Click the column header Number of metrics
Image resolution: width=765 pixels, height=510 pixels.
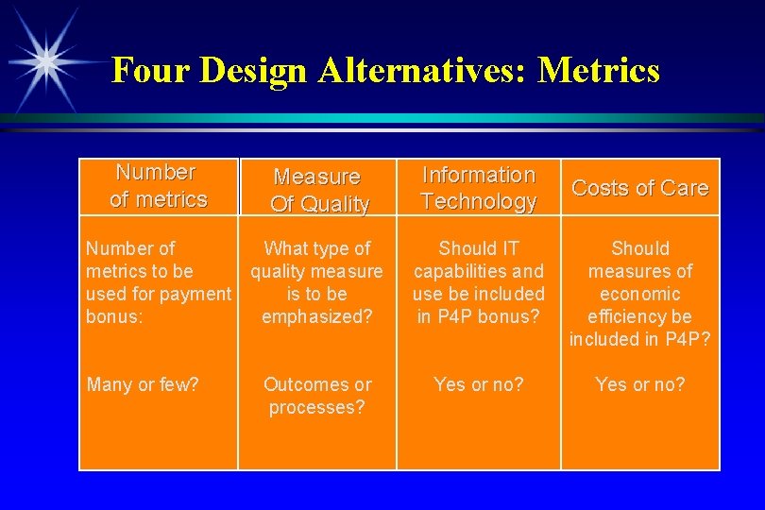[x=158, y=186]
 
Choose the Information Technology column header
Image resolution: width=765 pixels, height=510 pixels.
[x=478, y=188]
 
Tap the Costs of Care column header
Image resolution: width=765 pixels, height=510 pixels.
[x=639, y=188]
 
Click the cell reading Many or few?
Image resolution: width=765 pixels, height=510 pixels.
[x=143, y=384]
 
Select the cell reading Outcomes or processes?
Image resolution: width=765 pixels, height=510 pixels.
[x=317, y=397]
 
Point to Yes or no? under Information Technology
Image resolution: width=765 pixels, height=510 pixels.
[x=479, y=384]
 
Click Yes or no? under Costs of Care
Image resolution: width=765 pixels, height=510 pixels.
[x=640, y=384]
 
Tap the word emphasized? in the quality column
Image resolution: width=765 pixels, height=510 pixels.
[x=317, y=316]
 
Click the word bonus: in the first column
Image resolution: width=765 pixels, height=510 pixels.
[x=114, y=316]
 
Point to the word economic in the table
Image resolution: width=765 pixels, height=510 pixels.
[x=640, y=294]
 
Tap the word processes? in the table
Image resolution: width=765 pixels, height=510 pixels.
[x=317, y=408]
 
